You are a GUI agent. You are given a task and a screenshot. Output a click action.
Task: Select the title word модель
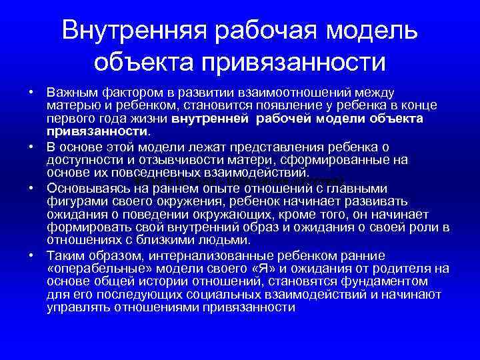coord(376,30)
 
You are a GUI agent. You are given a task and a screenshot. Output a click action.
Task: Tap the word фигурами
coord(74,200)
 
